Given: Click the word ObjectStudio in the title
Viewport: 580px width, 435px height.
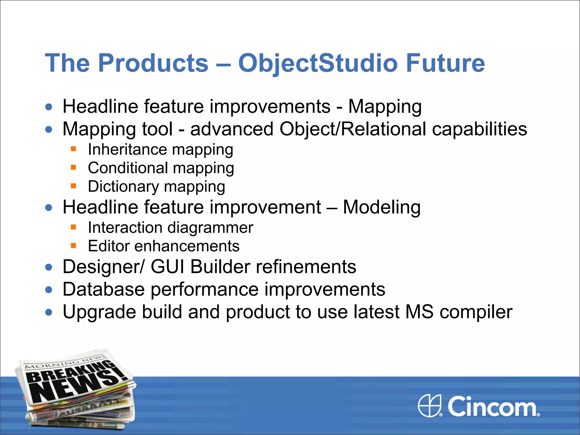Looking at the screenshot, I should [319, 63].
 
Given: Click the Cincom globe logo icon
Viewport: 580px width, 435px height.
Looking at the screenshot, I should [430, 406].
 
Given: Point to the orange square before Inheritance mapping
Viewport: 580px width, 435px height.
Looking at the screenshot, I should [74, 149].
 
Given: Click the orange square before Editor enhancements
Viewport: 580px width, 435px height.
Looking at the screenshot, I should [74, 246].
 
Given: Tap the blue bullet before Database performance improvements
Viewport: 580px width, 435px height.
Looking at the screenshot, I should [49, 290].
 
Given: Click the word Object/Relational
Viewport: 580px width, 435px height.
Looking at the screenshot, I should [353, 129].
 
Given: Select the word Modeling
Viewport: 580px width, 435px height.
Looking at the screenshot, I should [381, 207].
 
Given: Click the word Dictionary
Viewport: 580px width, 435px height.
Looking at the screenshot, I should [123, 187].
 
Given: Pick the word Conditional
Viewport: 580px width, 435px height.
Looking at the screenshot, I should [128, 168].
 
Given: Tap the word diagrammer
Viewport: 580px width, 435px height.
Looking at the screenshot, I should [210, 228].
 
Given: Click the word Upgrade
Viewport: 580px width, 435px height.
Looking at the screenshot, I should [99, 312].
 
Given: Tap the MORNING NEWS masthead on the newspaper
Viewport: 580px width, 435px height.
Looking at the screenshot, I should [65, 362].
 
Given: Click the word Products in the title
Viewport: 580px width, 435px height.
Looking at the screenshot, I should [153, 63].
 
